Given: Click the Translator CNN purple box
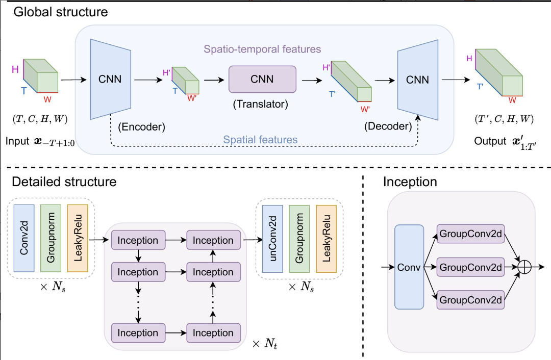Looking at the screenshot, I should point(262,79).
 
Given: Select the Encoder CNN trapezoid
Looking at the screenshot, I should point(110,79).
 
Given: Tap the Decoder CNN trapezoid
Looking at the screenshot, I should point(417,79).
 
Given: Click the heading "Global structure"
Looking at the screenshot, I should point(60,12).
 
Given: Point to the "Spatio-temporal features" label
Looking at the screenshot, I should point(262,49).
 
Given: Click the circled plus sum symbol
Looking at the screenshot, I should point(525,267).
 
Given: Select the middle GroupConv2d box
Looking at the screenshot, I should point(471,267).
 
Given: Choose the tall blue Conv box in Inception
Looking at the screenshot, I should point(409,267).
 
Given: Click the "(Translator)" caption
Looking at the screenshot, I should point(261,105).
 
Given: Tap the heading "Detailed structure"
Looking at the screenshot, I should point(64,182).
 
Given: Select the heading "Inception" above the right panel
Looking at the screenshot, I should point(410,182).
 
